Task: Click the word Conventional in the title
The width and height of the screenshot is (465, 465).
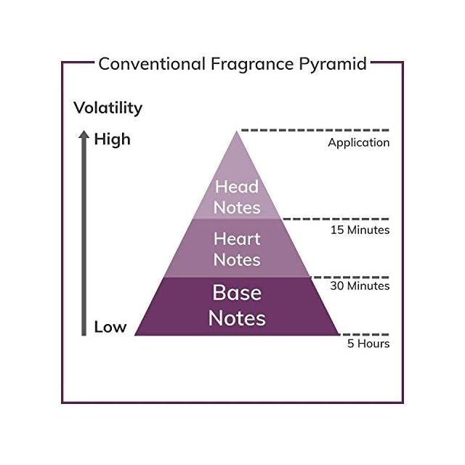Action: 152,64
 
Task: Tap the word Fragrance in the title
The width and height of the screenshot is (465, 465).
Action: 252,65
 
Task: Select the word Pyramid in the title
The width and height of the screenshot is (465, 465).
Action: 333,65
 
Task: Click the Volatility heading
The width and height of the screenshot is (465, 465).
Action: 108,108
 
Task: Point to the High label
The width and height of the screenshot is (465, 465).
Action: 112,139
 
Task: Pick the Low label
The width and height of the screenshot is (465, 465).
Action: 110,327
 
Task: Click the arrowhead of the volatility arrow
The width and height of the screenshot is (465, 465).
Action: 84,134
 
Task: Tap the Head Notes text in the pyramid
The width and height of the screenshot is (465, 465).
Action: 237,197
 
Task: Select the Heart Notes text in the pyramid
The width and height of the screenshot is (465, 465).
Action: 237,249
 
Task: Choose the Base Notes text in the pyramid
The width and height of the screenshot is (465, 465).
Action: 237,305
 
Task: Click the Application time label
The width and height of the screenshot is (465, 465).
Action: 358,143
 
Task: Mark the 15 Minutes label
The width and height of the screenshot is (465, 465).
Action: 360,230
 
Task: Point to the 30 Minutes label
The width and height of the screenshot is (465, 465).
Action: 360,286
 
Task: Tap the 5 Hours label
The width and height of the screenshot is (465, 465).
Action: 368,344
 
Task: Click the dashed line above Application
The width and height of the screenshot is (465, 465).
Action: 315,130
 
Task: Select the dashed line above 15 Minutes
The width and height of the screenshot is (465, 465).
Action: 336,219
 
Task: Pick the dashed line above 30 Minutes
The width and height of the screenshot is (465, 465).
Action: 350,278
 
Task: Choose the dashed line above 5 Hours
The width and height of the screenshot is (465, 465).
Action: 364,334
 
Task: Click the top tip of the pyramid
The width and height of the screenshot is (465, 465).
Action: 236,131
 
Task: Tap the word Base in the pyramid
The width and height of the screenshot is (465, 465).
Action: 237,293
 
